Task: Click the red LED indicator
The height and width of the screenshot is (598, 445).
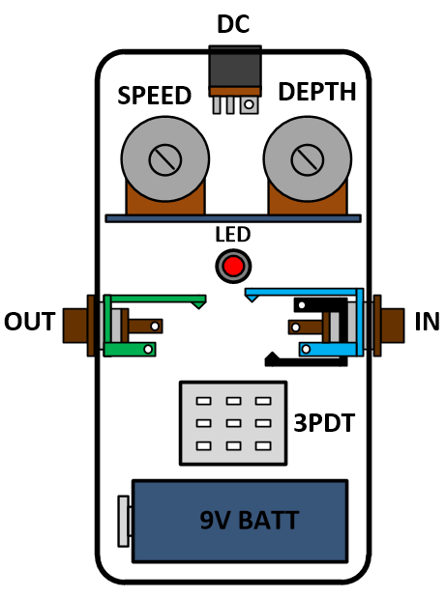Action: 233,267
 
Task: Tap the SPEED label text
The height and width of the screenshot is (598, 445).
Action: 155,96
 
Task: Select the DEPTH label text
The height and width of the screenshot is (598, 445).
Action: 317,92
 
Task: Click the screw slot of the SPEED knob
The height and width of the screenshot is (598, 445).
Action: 165,159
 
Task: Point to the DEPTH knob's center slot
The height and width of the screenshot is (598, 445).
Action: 307,159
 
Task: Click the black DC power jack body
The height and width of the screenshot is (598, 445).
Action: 235,68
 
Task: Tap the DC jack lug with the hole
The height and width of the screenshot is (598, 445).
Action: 249,104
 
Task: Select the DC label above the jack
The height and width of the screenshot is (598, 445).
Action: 233,24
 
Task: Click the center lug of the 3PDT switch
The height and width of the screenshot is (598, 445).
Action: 233,423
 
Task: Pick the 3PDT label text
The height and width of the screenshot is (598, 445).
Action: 324,423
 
